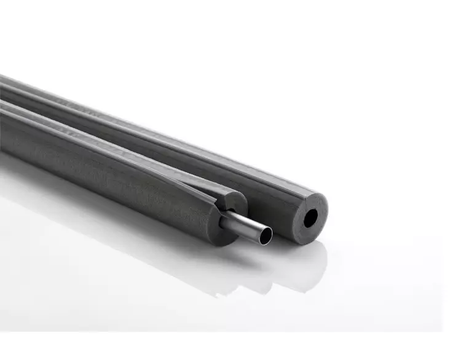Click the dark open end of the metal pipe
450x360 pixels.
coord(266,235)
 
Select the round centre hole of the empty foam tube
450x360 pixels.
coord(310,217)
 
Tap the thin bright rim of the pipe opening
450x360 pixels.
coord(270,231)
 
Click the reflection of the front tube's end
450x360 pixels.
coord(234,270)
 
